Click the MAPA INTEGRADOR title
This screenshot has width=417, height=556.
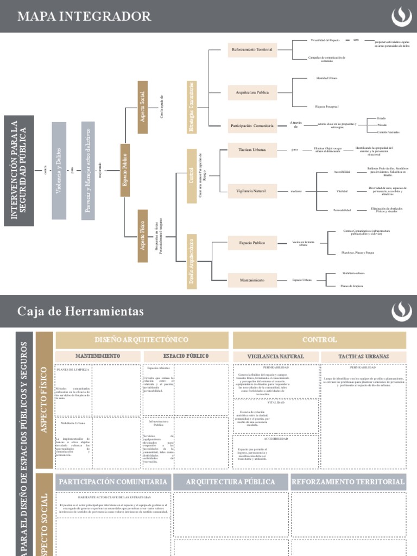(84, 16)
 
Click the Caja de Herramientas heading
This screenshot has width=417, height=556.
(80, 311)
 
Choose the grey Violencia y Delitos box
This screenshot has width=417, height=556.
(59, 170)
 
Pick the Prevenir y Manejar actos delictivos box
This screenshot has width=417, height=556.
(88, 170)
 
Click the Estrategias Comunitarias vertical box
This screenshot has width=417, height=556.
(192, 106)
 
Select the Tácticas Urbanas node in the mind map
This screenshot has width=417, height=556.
(252, 149)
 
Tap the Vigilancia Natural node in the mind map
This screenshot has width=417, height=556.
(251, 191)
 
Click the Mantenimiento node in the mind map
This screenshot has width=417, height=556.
(252, 280)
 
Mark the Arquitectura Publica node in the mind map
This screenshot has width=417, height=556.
(252, 92)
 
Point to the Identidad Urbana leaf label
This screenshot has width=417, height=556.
(327, 78)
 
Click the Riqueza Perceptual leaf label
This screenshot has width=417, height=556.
(327, 106)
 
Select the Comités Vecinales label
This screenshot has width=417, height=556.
(388, 132)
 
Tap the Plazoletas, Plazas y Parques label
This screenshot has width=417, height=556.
(358, 252)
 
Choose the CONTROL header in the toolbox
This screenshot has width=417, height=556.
(319, 340)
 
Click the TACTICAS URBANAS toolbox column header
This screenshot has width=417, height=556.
(363, 356)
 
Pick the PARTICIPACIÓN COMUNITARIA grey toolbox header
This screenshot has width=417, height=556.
(113, 482)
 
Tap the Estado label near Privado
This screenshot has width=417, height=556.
(381, 118)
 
